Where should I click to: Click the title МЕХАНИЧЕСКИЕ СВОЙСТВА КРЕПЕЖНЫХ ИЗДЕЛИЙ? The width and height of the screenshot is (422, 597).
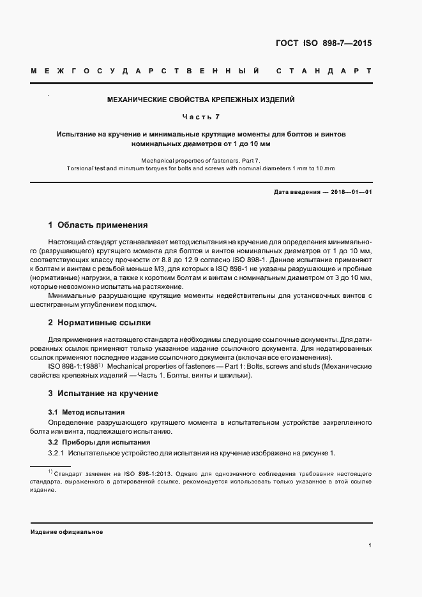click(x=200, y=100)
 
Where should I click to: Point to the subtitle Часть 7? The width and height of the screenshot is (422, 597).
click(x=200, y=117)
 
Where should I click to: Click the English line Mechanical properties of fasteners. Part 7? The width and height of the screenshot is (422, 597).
click(x=200, y=160)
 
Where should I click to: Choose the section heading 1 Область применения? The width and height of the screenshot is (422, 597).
click(x=98, y=225)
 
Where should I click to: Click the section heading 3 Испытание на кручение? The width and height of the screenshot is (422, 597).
click(x=103, y=394)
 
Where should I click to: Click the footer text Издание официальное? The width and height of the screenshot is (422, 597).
click(x=67, y=531)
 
